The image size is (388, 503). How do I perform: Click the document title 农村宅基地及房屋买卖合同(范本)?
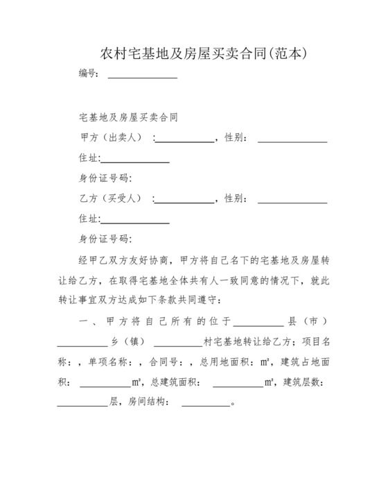click(193, 53)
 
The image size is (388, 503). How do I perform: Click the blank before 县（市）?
click(258, 323)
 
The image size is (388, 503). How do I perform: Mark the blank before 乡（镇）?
click(82, 343)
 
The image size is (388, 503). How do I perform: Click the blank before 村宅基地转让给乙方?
click(177, 343)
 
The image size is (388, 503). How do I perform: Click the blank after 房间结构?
click(205, 404)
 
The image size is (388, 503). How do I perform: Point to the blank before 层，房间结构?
click(82, 404)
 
